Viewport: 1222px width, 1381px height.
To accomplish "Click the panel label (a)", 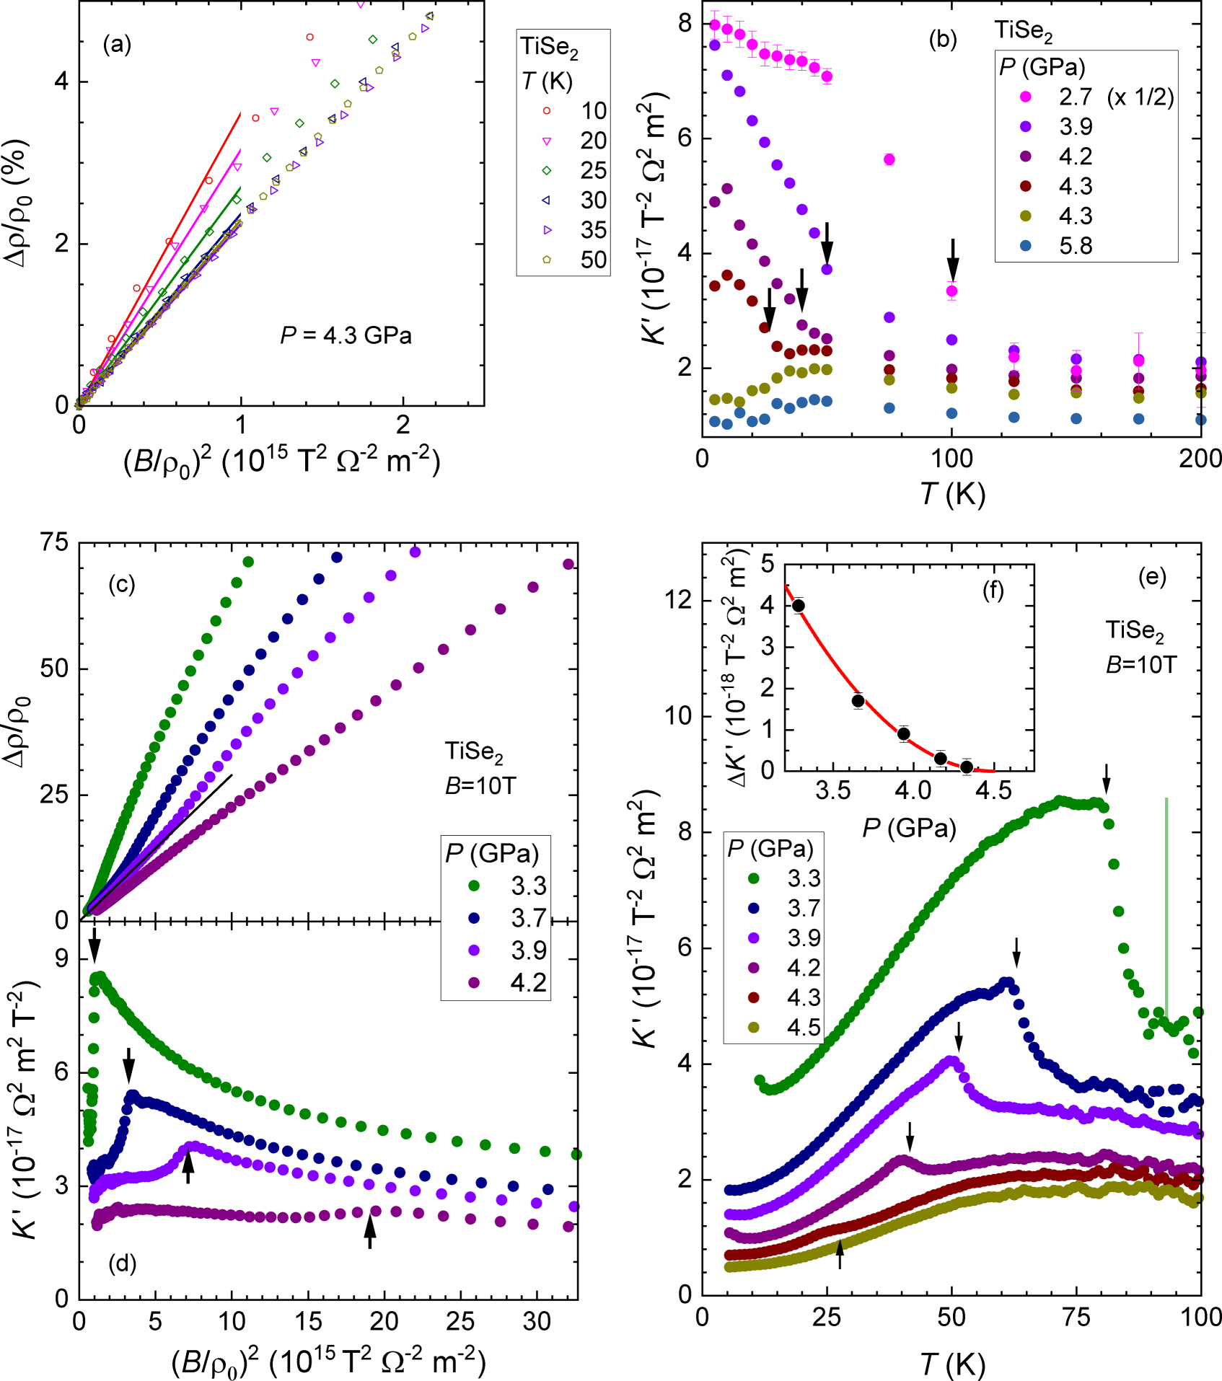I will click(117, 45).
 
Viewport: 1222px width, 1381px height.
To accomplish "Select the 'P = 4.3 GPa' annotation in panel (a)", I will click(346, 335).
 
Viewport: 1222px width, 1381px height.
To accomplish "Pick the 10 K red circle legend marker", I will click(547, 110).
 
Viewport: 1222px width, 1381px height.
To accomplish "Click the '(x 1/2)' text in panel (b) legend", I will click(1140, 97).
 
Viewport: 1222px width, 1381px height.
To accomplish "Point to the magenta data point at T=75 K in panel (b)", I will click(889, 159).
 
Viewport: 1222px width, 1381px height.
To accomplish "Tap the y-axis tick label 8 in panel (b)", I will click(684, 24).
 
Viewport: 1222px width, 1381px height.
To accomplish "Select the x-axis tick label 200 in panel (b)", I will click(1200, 459).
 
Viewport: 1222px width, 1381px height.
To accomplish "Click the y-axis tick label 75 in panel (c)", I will click(54, 542).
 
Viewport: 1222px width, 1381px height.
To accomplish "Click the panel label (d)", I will click(122, 1263).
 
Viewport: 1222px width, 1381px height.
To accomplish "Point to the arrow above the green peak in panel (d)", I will click(94, 944).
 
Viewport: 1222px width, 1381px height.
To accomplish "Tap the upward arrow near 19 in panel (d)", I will click(369, 1230).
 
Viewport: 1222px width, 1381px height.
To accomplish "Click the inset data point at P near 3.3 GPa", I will click(798, 606).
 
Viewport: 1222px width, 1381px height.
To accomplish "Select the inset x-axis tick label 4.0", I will click(913, 790).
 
